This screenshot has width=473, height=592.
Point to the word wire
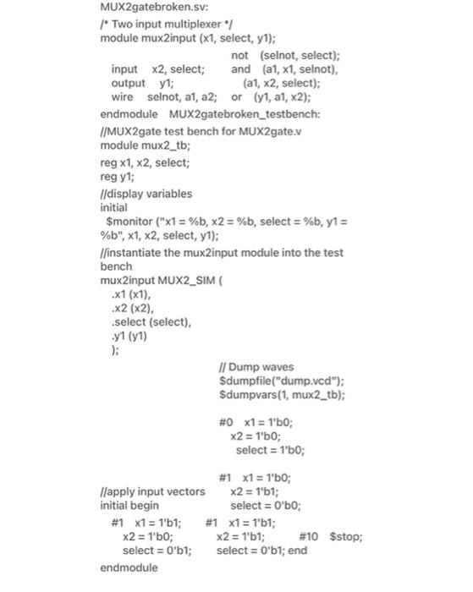tap(122, 97)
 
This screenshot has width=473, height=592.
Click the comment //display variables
tap(146, 193)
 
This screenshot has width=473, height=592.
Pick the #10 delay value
tap(309, 536)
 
